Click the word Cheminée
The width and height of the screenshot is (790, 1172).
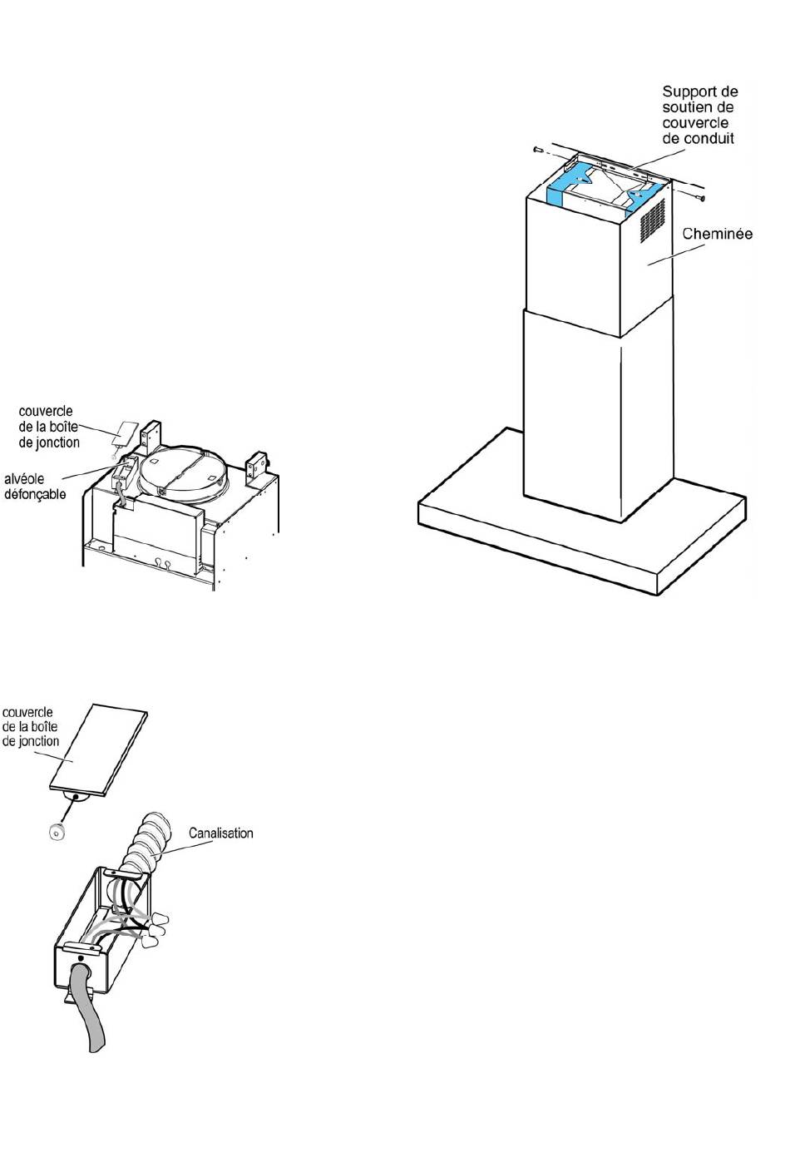click(x=718, y=234)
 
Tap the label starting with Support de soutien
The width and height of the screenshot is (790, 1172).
click(x=700, y=115)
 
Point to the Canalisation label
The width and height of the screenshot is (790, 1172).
click(x=220, y=833)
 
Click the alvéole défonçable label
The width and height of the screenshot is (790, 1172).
click(x=35, y=487)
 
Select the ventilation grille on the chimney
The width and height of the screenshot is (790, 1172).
click(x=653, y=220)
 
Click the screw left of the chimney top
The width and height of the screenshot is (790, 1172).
click(x=538, y=151)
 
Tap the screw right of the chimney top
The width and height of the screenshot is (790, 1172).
click(x=699, y=197)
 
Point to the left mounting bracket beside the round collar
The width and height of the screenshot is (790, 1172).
click(x=151, y=438)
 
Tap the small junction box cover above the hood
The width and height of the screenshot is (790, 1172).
click(x=124, y=433)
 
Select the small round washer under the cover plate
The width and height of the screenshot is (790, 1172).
click(x=55, y=832)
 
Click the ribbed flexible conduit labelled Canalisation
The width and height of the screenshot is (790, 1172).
click(x=141, y=843)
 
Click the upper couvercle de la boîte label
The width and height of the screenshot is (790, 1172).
click(x=48, y=427)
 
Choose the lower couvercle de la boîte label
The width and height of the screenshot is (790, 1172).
click(x=30, y=726)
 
